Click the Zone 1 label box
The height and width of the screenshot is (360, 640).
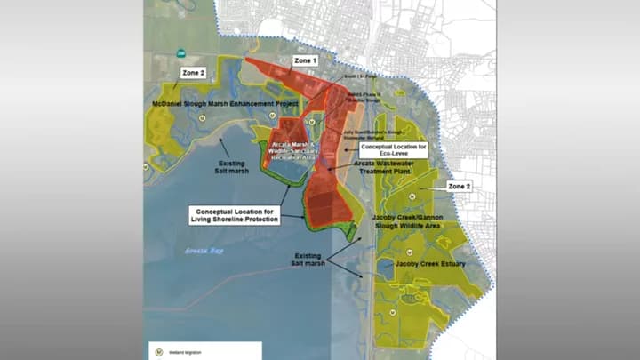[304, 60]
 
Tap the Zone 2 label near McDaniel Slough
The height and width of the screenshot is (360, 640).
[194, 72]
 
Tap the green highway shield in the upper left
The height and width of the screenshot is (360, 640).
[180, 52]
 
